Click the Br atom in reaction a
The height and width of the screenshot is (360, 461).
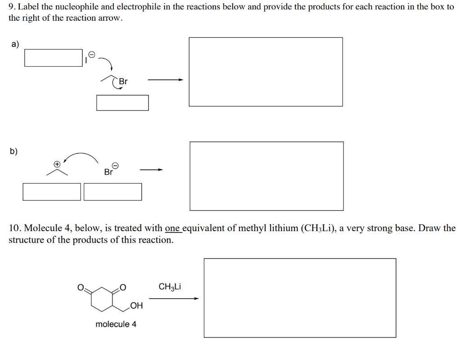pos(123,82)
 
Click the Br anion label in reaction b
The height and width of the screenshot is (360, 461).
pos(108,172)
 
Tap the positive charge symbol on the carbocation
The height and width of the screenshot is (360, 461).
pos(57,164)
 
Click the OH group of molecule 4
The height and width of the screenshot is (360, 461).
pos(136,306)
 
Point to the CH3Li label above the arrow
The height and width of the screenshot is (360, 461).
pos(170,287)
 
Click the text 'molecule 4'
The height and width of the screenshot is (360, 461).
pos(116,324)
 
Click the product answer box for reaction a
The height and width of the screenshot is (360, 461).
pos(266,72)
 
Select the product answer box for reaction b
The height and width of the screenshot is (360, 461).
pos(266,176)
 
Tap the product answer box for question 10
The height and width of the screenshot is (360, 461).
pos(300,297)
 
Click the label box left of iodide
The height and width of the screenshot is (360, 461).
pos(54,58)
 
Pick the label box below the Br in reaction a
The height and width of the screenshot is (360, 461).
pos(122,103)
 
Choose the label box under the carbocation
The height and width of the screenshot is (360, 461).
pos(52,191)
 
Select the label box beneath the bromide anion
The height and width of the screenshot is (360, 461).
pos(113,191)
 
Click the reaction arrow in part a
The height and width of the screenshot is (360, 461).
pos(165,80)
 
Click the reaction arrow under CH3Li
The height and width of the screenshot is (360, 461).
pos(174,298)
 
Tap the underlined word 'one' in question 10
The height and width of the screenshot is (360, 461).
pos(173,228)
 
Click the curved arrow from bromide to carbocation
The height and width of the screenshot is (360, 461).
pos(81,156)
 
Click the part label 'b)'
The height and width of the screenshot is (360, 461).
pos(14,151)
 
